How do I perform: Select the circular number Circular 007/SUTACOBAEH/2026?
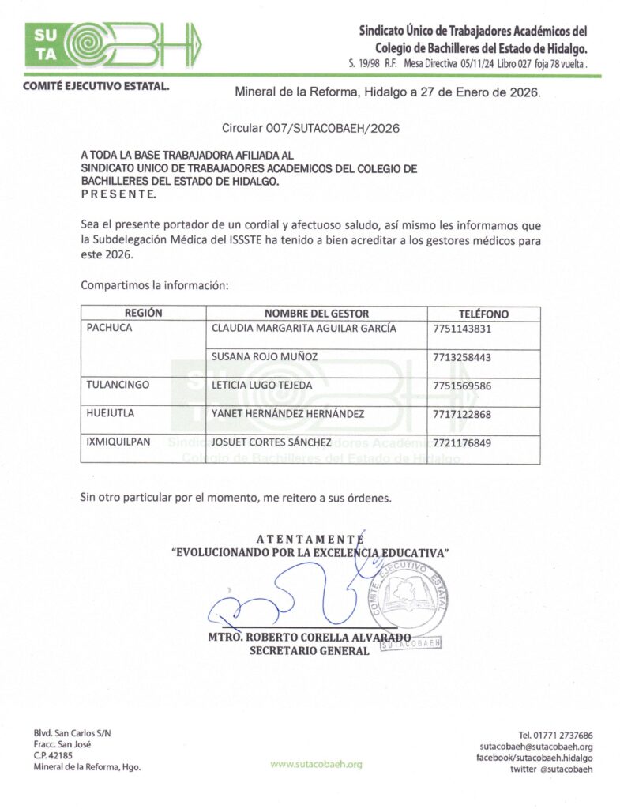point(304,127)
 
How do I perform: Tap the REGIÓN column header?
point(143,314)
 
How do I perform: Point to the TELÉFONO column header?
point(483,314)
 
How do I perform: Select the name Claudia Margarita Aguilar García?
point(304,329)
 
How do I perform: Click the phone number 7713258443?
point(462,358)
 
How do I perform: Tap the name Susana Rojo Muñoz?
point(265,357)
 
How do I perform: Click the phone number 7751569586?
point(462,386)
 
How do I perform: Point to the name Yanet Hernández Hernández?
point(288,414)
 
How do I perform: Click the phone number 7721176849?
point(462,443)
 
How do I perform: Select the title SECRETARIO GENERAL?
point(309,651)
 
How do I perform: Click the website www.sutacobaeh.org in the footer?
point(316,764)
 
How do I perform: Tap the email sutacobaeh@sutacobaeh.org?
point(536,747)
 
